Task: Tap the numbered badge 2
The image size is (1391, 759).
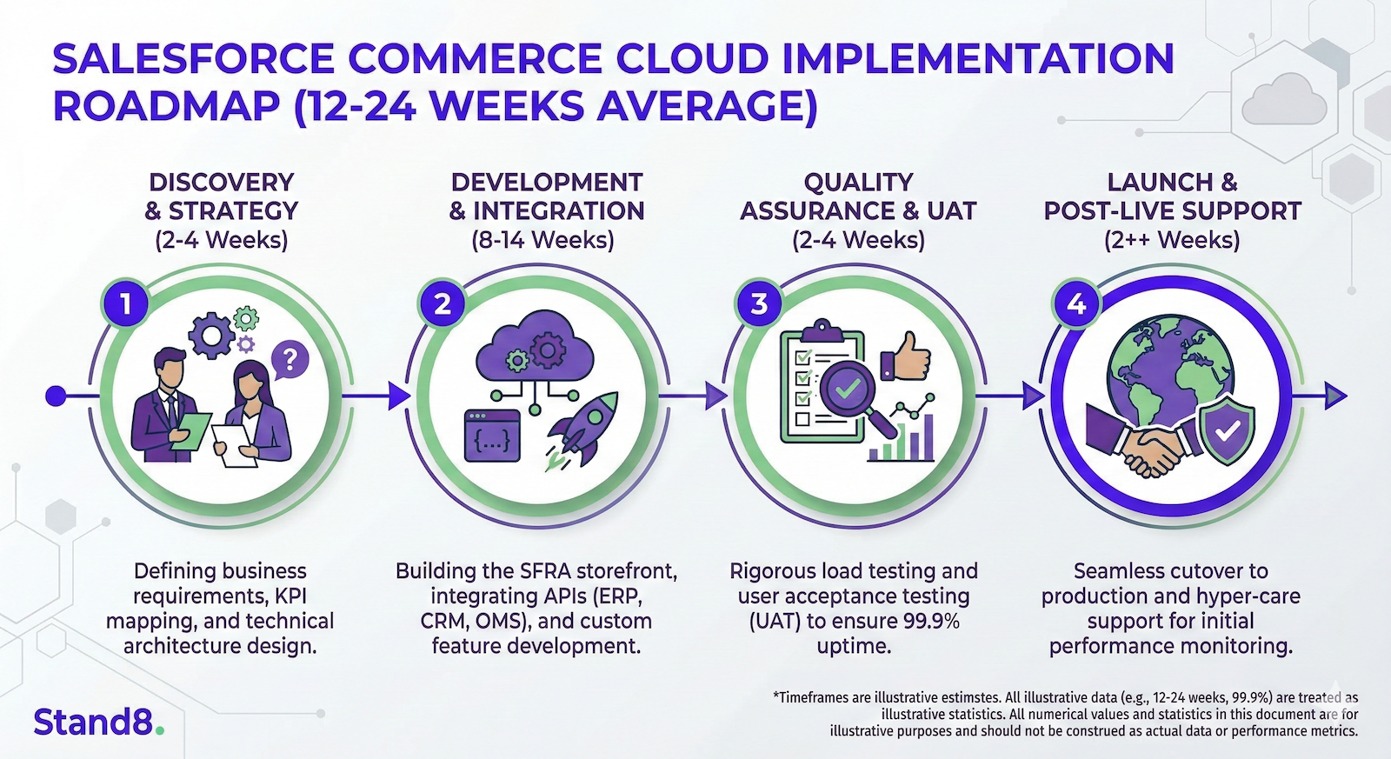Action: pyautogui.click(x=443, y=303)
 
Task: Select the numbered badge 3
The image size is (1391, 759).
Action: pyautogui.click(x=760, y=303)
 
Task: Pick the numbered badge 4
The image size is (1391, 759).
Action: pyautogui.click(x=1076, y=303)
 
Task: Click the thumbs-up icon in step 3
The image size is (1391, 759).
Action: pyautogui.click(x=906, y=355)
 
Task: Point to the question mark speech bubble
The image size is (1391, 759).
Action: pyautogui.click(x=290, y=358)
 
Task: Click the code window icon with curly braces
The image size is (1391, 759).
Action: pyautogui.click(x=492, y=435)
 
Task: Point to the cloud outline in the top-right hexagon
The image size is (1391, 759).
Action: pyautogui.click(x=1284, y=99)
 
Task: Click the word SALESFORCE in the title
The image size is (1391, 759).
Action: pyautogui.click(x=193, y=59)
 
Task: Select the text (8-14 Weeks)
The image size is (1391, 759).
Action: pyautogui.click(x=542, y=240)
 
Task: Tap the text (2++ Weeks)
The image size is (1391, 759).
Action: pyautogui.click(x=1171, y=240)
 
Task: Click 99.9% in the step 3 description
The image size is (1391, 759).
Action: pyautogui.click(x=928, y=621)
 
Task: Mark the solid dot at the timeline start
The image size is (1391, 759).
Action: pyautogui.click(x=56, y=396)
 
